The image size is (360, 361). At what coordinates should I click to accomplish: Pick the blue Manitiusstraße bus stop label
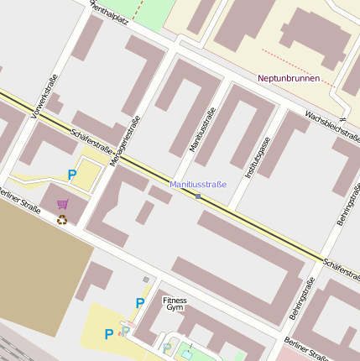198,184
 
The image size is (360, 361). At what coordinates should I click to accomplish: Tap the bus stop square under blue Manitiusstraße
198,196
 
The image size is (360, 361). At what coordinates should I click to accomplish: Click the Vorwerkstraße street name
44,96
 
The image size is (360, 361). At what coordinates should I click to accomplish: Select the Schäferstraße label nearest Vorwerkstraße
92,140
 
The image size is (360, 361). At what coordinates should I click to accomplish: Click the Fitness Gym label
175,303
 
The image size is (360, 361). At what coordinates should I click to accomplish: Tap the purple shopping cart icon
62,204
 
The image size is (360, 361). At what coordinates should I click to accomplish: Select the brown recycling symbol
61,220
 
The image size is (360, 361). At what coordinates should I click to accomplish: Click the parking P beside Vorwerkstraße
71,175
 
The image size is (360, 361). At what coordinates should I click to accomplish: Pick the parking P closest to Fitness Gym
140,303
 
